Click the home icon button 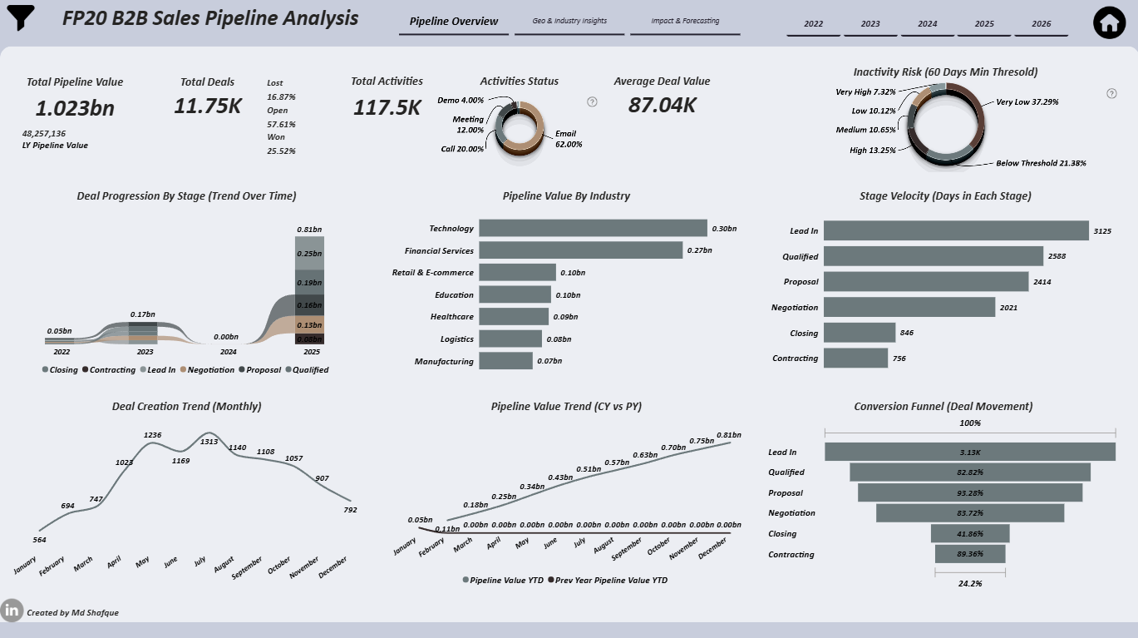click(x=1109, y=23)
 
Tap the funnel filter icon click(x=20, y=17)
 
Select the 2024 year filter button click(x=927, y=24)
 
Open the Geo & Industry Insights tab click(x=569, y=21)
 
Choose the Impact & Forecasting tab click(x=685, y=21)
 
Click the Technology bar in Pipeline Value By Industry click(x=593, y=228)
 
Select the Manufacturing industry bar click(x=505, y=361)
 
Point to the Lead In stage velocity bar click(x=956, y=230)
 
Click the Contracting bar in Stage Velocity click(x=855, y=358)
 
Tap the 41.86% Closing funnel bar click(x=970, y=534)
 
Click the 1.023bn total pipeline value click(x=75, y=108)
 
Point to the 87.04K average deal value click(x=662, y=106)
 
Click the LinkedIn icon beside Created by click(x=12, y=610)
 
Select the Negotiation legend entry click(x=207, y=369)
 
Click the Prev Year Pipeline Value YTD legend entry click(x=608, y=580)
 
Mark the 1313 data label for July click(x=209, y=442)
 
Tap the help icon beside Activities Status click(x=592, y=101)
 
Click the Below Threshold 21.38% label click(x=1041, y=163)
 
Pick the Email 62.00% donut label click(x=569, y=139)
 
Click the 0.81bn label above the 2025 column click(x=309, y=230)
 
